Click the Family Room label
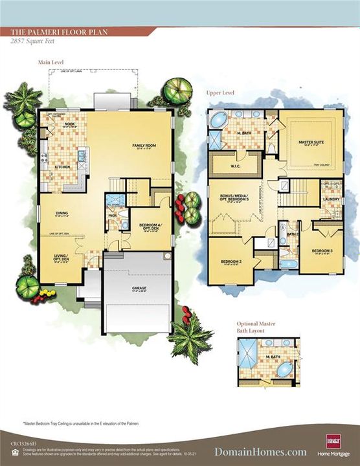tap(142, 146)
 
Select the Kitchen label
tap(62, 167)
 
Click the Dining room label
tap(62, 214)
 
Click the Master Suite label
tap(310, 142)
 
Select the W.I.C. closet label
tap(236, 165)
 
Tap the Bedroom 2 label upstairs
tap(231, 262)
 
